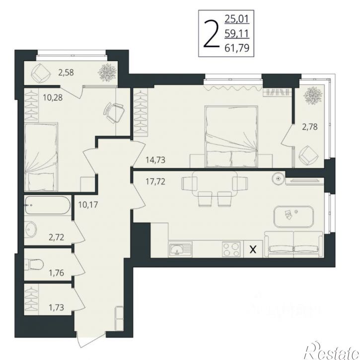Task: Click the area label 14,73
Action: click(155, 160)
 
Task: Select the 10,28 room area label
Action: click(53, 98)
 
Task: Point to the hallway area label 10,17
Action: click(88, 205)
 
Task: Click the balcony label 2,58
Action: click(66, 72)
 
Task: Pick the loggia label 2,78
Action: click(310, 127)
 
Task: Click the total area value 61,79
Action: click(237, 49)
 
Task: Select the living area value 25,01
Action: click(237, 19)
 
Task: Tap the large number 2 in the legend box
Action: click(211, 34)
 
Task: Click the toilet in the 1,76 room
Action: click(34, 264)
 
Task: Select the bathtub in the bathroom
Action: click(48, 205)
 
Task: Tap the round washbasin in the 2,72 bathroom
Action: click(31, 229)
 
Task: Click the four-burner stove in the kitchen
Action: click(231, 249)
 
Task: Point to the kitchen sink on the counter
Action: click(180, 250)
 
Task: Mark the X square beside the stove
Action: click(253, 249)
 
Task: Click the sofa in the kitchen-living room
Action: click(294, 244)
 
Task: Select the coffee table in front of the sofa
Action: click(293, 216)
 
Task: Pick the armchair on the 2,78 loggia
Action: click(309, 155)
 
